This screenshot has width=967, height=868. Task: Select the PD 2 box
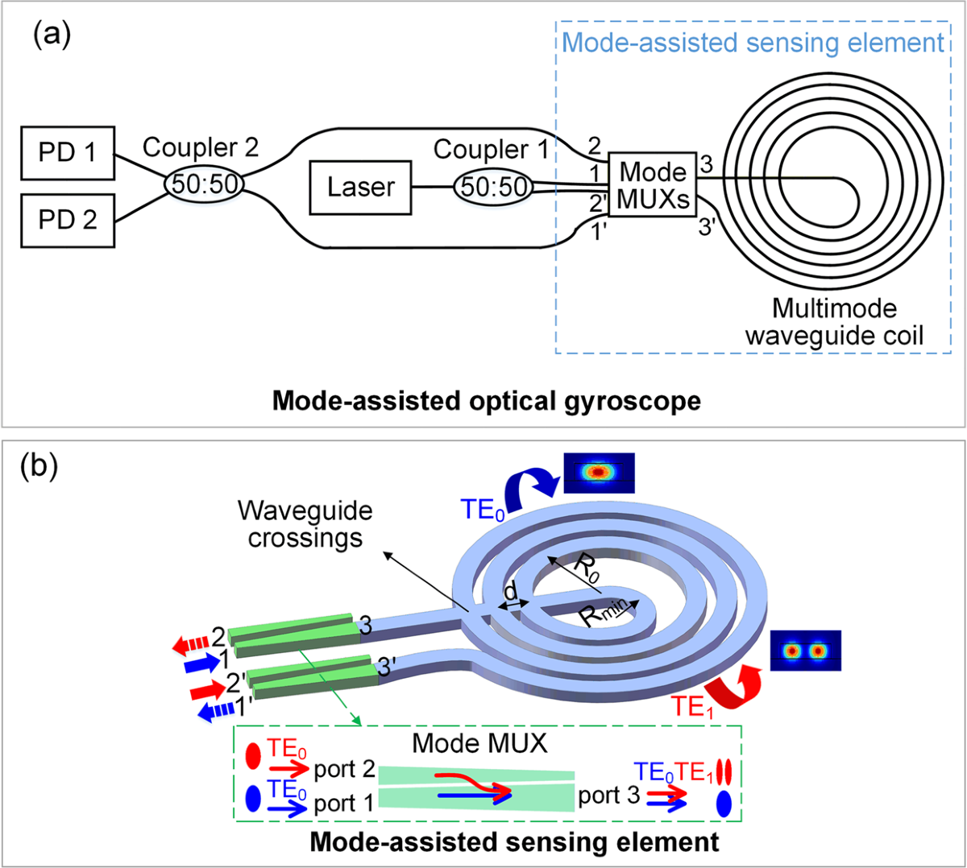coord(68,220)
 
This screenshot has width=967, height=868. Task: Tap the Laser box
coord(360,188)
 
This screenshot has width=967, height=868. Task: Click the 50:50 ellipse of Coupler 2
coord(205,185)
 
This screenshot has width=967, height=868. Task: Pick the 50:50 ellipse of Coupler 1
coord(494,188)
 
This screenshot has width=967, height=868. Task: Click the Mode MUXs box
coord(653,185)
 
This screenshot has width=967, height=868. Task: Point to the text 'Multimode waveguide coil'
coord(834,322)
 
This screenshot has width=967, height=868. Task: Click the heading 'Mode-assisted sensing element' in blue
coord(753,43)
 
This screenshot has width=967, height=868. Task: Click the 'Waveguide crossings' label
coord(305,524)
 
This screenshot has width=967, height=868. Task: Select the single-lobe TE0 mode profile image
coord(599,473)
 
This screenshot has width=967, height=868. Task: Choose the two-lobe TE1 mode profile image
coord(805,651)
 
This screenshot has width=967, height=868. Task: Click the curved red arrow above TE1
coord(729,683)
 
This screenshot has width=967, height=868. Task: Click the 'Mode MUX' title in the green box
coord(479,742)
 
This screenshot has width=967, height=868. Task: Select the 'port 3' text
coord(609,796)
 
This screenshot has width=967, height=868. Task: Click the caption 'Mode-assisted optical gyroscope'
coord(486,400)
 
